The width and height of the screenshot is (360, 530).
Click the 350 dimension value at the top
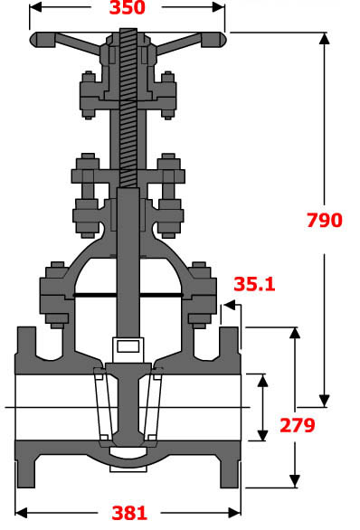pyautogui.click(x=128, y=9)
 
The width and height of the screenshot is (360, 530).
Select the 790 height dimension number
pyautogui.click(x=324, y=220)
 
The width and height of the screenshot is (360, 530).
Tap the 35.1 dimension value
pyautogui.click(x=253, y=283)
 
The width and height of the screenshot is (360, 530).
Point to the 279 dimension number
pyautogui.click(x=296, y=425)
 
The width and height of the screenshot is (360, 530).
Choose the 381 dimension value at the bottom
pyautogui.click(x=128, y=513)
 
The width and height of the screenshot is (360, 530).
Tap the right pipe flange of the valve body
pyautogui.click(x=231, y=407)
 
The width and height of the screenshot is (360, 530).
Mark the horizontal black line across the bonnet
pyautogui.click(x=128, y=295)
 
